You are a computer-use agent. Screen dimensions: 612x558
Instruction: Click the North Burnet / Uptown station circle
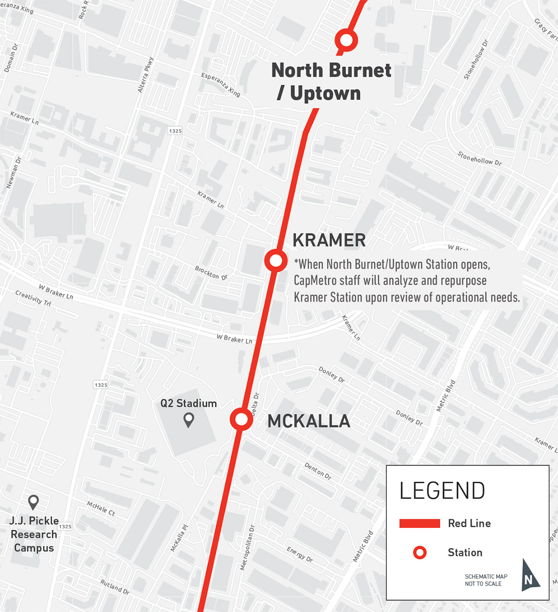346,40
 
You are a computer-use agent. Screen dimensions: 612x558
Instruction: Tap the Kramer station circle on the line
276,260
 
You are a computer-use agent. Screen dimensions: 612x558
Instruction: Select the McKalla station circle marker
241,420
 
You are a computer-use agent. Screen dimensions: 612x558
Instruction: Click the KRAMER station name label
329,240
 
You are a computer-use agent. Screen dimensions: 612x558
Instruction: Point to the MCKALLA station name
309,421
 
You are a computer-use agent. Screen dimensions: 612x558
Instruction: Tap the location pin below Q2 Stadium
188,420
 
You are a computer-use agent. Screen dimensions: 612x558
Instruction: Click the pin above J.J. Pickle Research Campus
33,502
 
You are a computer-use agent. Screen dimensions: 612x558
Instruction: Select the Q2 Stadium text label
188,403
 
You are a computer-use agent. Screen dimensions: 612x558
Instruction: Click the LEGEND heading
442,491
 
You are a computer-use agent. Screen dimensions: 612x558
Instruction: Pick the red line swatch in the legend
419,524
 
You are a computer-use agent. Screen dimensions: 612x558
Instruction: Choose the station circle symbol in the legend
420,552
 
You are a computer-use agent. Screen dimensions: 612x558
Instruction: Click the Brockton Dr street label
211,273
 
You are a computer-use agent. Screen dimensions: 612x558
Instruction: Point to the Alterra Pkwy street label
146,75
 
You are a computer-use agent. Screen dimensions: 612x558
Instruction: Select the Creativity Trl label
33,298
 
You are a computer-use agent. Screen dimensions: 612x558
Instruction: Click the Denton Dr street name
318,471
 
